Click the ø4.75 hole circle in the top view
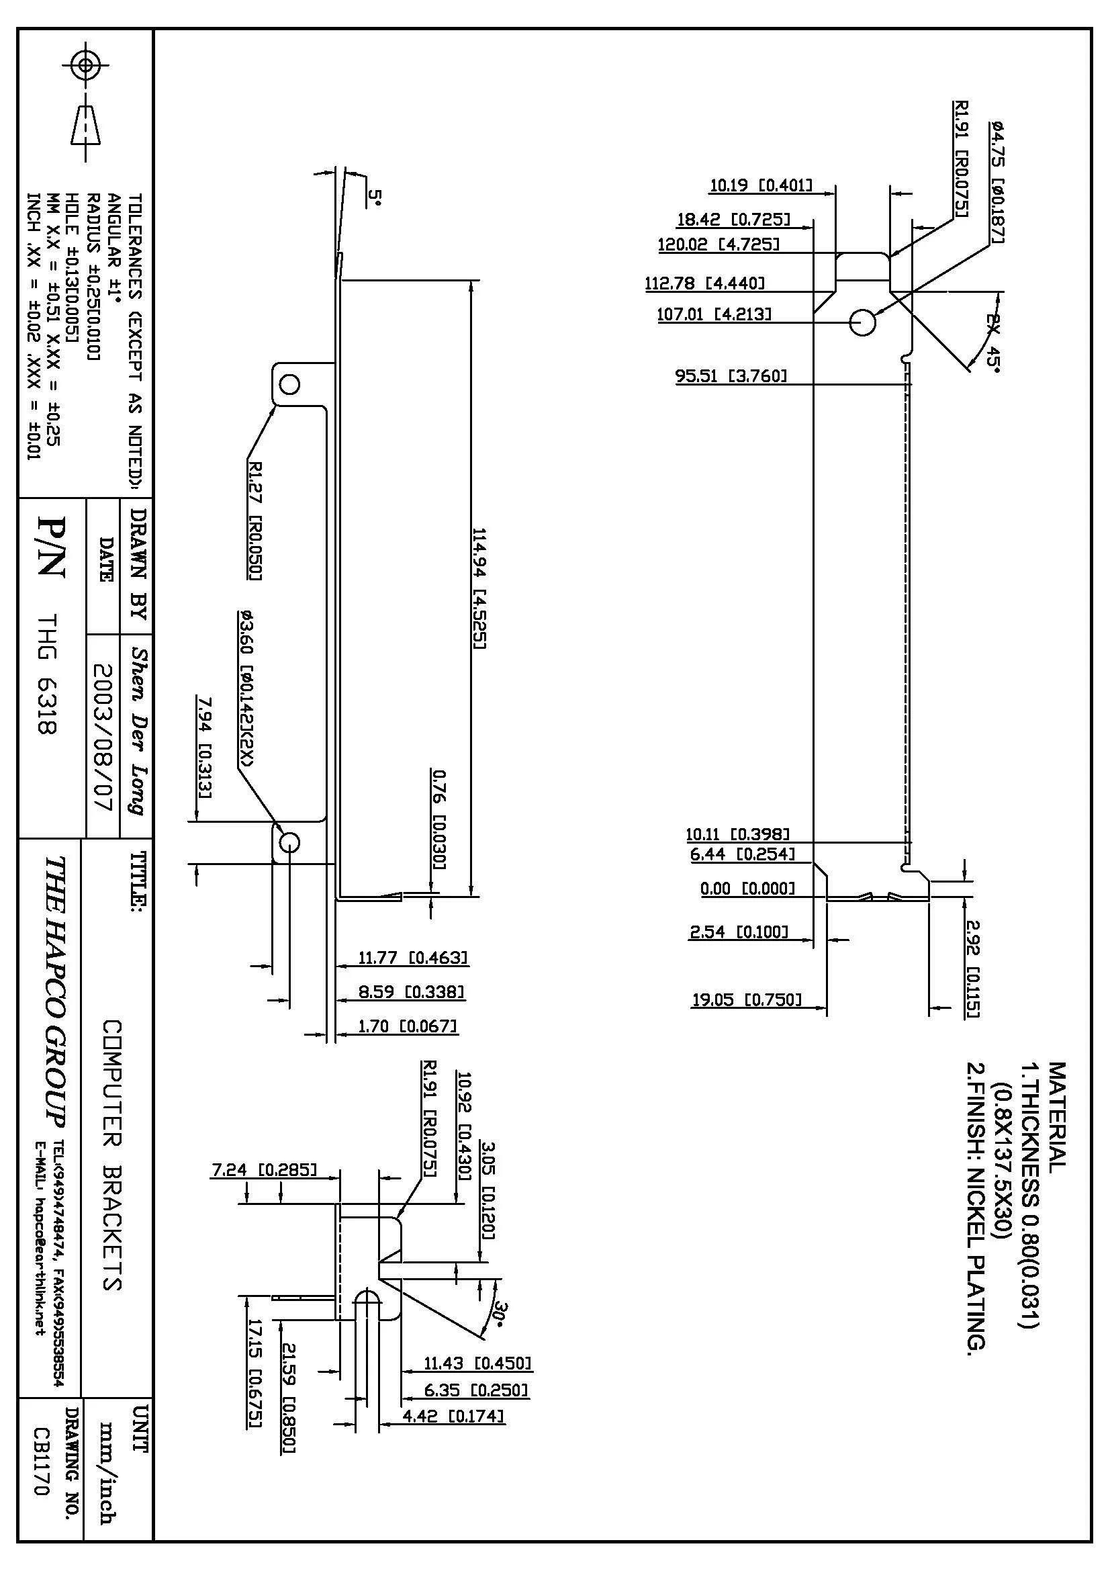pos(862,322)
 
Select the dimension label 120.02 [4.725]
pos(718,244)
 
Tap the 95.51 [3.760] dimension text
pos(731,375)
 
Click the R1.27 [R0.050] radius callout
pos(254,520)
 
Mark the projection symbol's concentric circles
pos(85,66)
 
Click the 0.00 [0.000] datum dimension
pos(747,888)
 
